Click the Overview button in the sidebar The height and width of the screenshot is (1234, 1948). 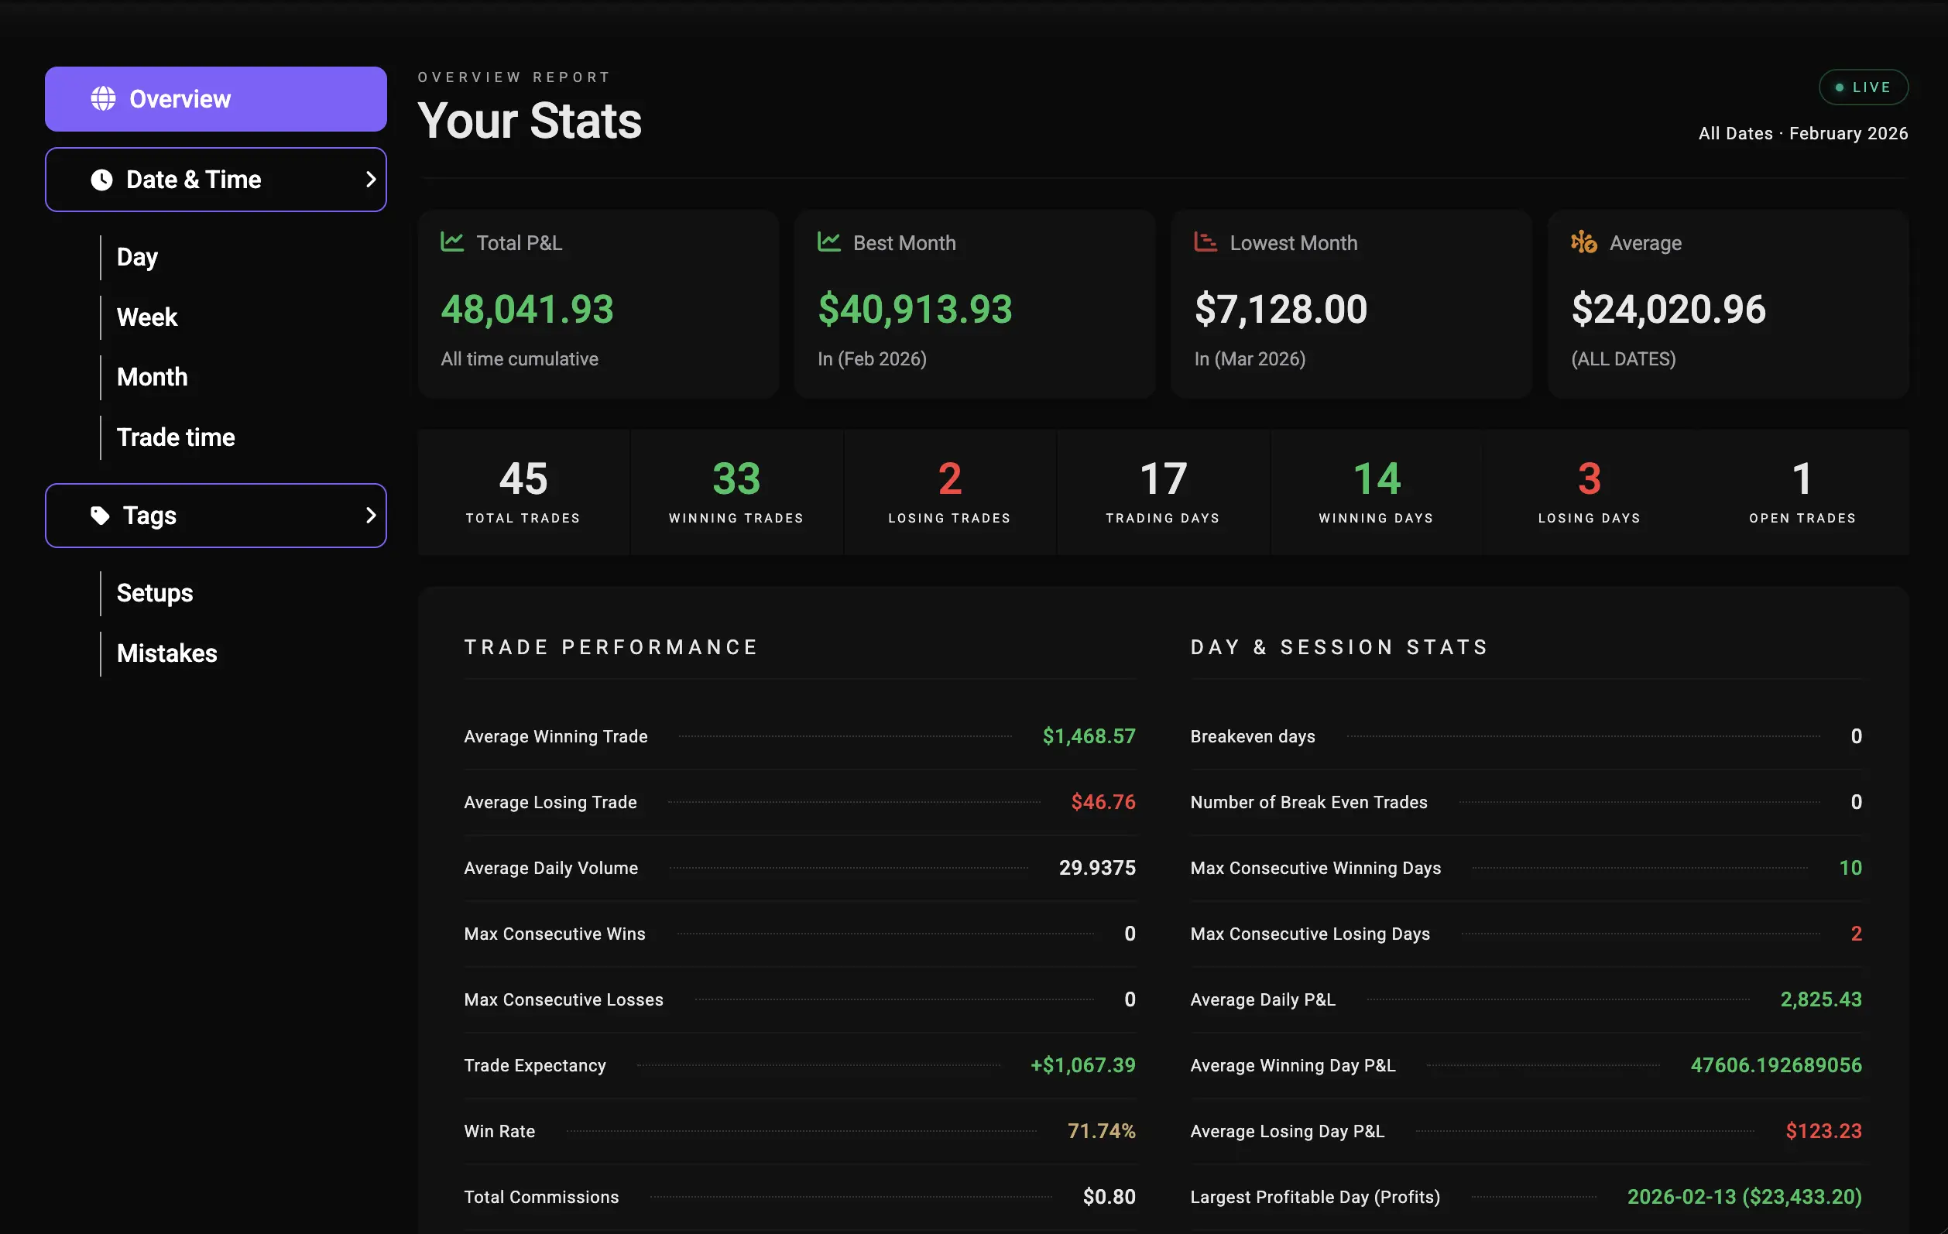215,98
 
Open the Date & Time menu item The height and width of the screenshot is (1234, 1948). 215,180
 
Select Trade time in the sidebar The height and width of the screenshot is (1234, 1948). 176,437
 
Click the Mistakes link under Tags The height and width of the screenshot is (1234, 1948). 166,653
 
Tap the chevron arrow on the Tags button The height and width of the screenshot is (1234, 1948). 371,516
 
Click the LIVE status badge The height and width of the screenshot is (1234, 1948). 1862,87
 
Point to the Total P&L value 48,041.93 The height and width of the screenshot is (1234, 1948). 527,309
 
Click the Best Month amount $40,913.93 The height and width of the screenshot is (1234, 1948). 914,309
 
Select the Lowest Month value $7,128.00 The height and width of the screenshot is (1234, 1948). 1281,309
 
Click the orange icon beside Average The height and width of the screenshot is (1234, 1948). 1583,242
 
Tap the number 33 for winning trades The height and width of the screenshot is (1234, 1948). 736,478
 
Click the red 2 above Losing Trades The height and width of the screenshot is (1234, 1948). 950,478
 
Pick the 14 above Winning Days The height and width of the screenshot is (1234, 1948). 1376,478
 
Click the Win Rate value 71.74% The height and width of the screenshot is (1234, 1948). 1101,1130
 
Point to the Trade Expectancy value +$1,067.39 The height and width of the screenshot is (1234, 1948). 1082,1065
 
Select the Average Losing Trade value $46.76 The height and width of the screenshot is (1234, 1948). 1103,802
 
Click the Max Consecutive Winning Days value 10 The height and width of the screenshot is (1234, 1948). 1850,868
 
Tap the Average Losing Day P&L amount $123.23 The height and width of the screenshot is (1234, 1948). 1823,1130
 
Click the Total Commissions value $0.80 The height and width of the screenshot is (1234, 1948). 1109,1197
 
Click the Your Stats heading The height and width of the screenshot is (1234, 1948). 530,122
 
